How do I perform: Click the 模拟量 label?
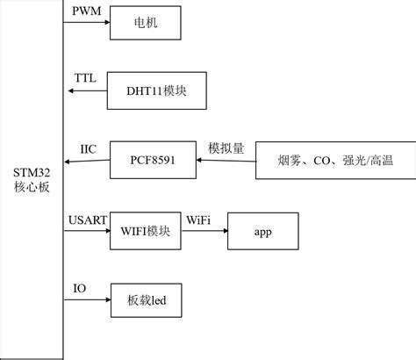point(226,147)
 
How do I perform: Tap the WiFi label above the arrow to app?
point(198,219)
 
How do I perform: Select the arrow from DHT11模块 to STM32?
point(86,90)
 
